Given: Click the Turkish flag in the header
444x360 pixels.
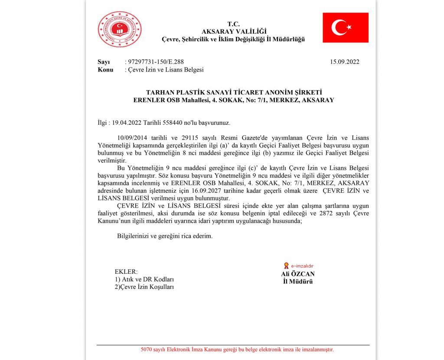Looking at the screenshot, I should click(x=345, y=27).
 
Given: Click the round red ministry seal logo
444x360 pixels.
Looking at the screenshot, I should click(x=120, y=29).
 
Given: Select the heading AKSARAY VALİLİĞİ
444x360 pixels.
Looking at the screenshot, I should click(x=234, y=31).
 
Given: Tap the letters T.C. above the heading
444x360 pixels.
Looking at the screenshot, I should click(x=233, y=24).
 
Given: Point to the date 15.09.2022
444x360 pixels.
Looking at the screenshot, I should click(x=345, y=62).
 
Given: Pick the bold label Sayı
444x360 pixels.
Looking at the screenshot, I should click(x=104, y=62).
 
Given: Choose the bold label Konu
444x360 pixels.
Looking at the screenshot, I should click(x=105, y=69).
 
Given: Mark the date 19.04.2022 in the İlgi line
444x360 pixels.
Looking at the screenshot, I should click(x=126, y=123).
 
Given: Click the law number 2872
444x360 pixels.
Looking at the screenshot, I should click(x=333, y=213).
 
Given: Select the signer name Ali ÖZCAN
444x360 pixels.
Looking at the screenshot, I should click(x=297, y=274).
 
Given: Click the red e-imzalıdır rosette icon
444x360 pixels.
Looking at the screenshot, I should click(x=286, y=266).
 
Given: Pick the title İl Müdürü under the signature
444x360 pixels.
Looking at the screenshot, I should click(x=297, y=281).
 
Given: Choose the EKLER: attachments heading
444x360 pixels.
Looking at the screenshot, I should click(x=126, y=272).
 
